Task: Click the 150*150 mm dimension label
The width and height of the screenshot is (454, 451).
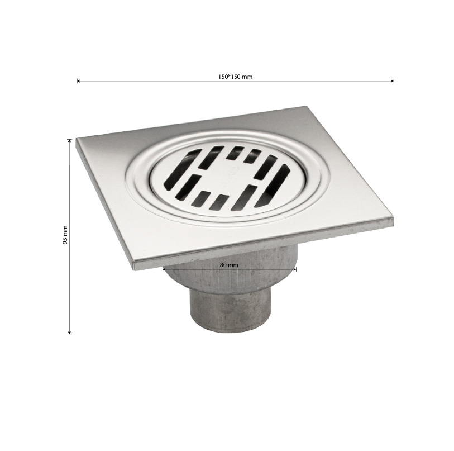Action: click(x=235, y=77)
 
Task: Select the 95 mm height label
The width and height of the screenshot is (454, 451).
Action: click(x=65, y=235)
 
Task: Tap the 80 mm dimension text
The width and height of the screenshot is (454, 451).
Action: click(x=229, y=265)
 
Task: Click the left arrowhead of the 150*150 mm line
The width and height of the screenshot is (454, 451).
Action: click(x=79, y=81)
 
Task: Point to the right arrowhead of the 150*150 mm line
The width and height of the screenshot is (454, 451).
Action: click(x=393, y=81)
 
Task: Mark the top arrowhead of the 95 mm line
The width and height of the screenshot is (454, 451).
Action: click(x=69, y=141)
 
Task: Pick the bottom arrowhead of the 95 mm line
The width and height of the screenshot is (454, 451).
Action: click(x=69, y=332)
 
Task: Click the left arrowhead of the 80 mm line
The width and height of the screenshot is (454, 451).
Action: click(x=164, y=269)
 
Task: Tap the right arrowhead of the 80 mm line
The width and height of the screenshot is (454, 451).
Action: click(x=295, y=269)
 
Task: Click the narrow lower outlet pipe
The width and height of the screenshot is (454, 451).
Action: click(x=230, y=310)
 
